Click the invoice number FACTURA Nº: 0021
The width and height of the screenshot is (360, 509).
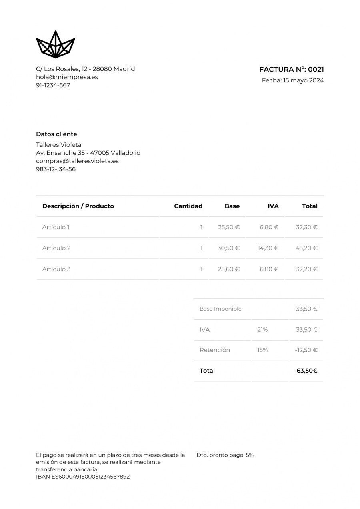(291, 69)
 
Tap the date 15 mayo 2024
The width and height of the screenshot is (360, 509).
(303, 80)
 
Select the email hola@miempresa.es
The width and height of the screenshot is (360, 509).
(67, 77)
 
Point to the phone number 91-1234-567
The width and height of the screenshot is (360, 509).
(53, 85)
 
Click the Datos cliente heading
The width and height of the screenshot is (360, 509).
(56, 134)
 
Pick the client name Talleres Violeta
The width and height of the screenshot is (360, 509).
(58, 144)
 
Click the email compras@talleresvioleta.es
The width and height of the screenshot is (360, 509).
(77, 161)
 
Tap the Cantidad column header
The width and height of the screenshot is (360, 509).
(188, 206)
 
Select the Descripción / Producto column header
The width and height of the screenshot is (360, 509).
(78, 206)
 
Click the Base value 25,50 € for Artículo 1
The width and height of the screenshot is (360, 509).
(228, 227)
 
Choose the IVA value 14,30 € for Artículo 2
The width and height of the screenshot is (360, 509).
(268, 248)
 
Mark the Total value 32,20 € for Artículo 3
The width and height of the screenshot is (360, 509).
(306, 269)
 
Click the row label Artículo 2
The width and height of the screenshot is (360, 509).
(56, 248)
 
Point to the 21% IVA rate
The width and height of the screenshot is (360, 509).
(262, 330)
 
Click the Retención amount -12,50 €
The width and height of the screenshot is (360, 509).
(306, 350)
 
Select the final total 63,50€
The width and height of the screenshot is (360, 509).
(307, 371)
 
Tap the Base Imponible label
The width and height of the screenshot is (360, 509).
(220, 309)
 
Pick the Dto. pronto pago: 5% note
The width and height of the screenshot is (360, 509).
(225, 455)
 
